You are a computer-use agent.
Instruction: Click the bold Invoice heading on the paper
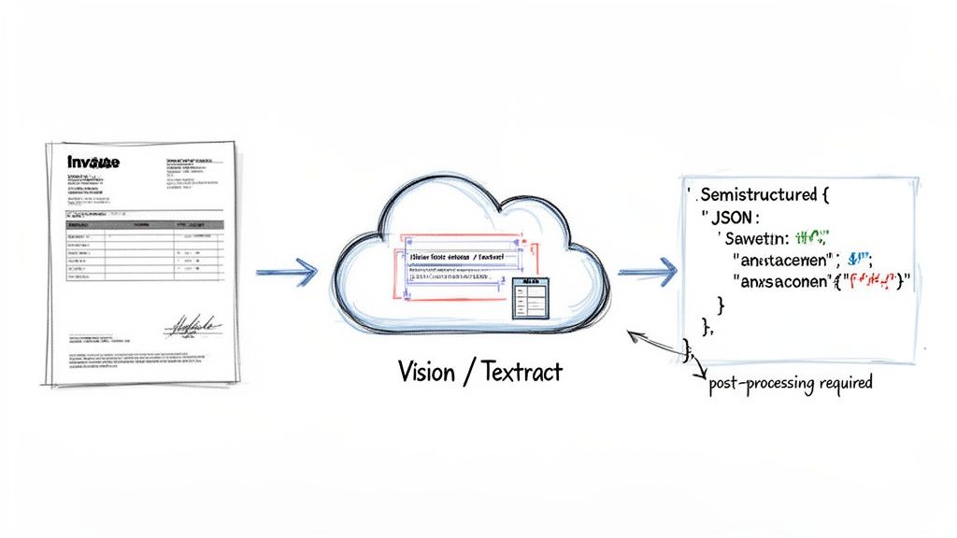coord(93,163)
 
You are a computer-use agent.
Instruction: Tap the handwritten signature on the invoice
coord(193,327)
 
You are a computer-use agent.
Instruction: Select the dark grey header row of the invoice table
coord(146,225)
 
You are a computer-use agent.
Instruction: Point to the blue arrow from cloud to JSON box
coord(647,273)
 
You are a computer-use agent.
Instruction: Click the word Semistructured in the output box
coord(757,195)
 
